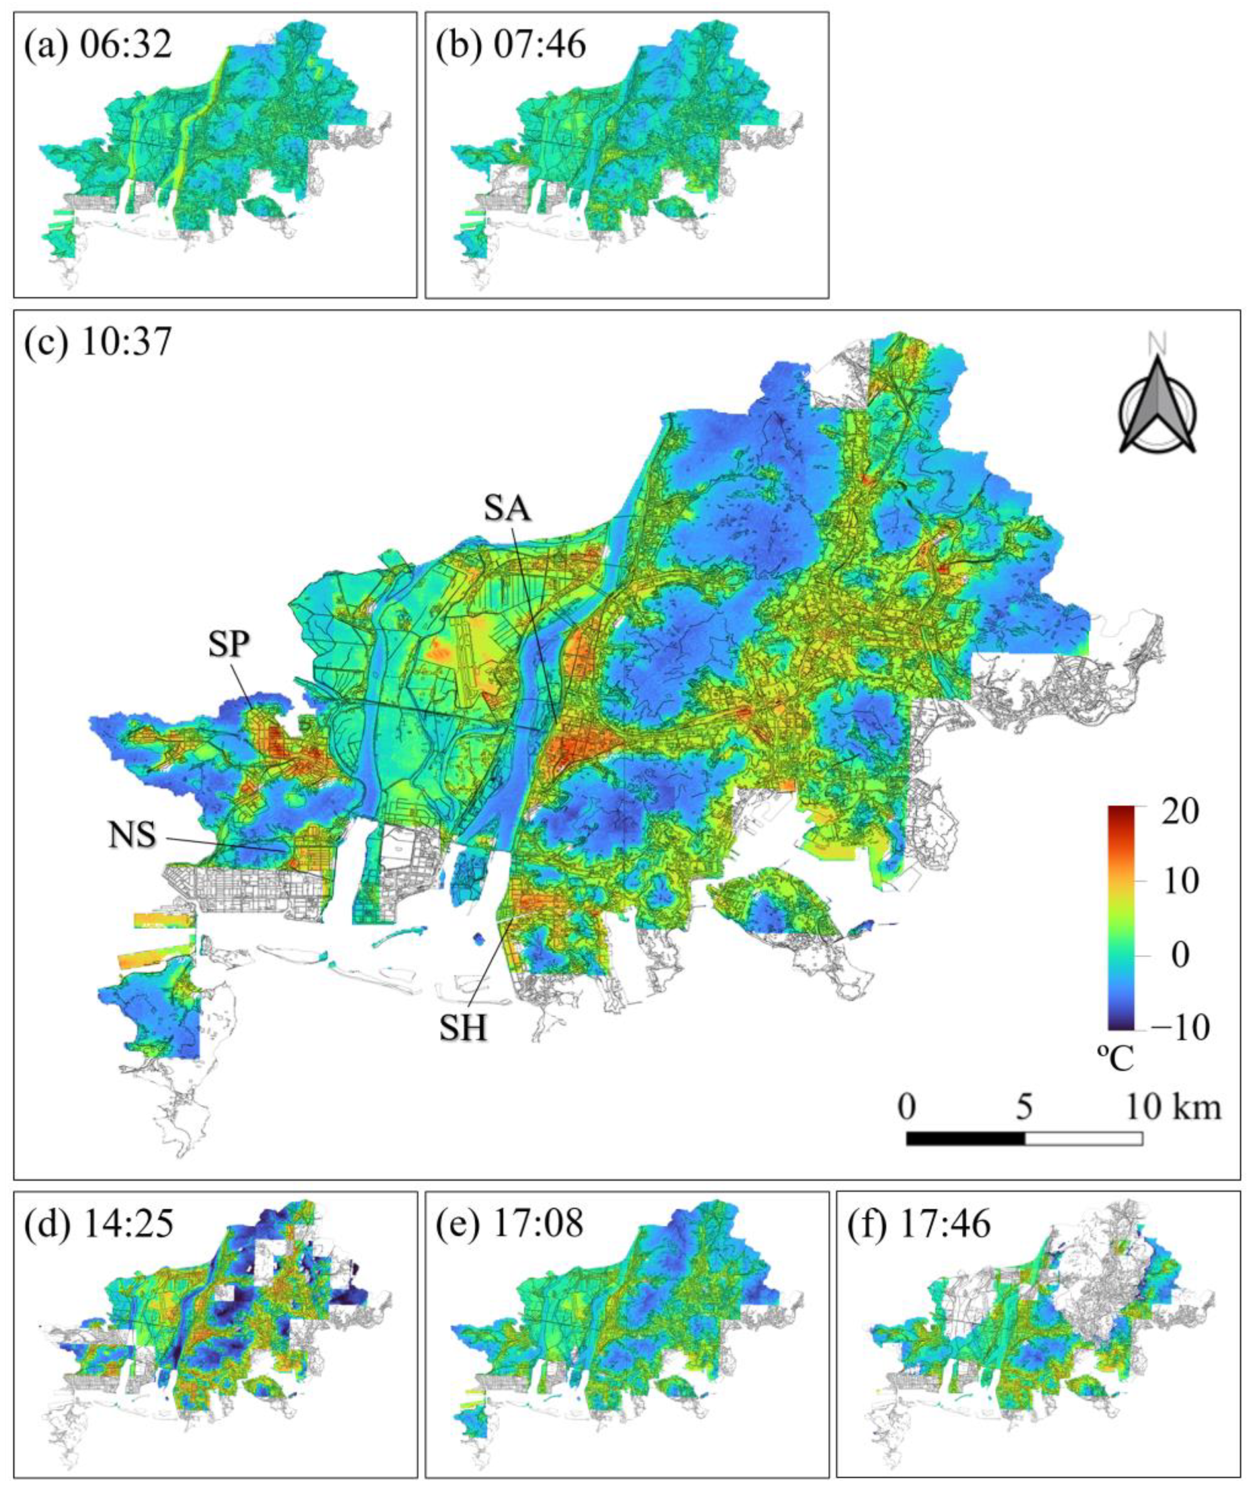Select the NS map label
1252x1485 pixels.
pos(132,836)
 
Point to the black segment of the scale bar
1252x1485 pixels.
pos(965,1139)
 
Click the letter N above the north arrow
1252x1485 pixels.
pos(1157,344)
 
